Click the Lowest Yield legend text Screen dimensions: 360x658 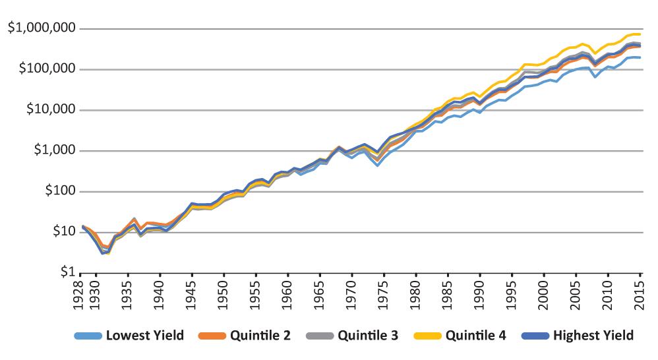[145, 336]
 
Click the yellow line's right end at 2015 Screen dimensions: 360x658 [640, 34]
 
